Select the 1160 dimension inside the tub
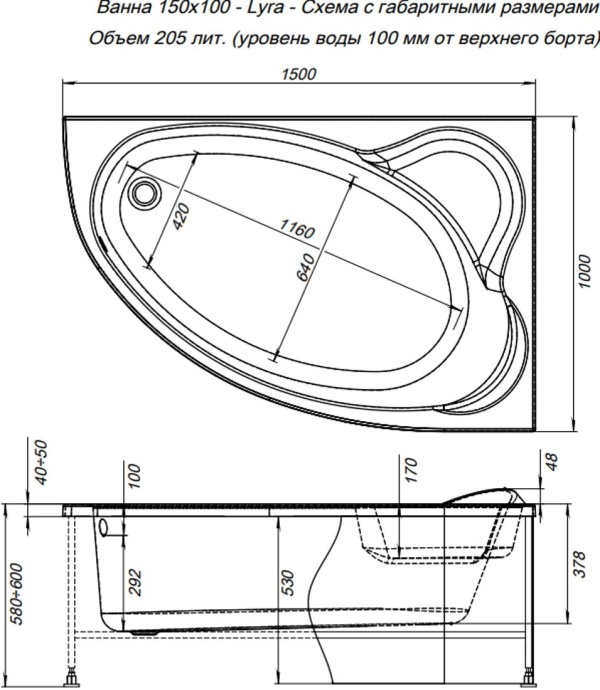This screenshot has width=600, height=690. coord(296,230)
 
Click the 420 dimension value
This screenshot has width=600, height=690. coord(180,213)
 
